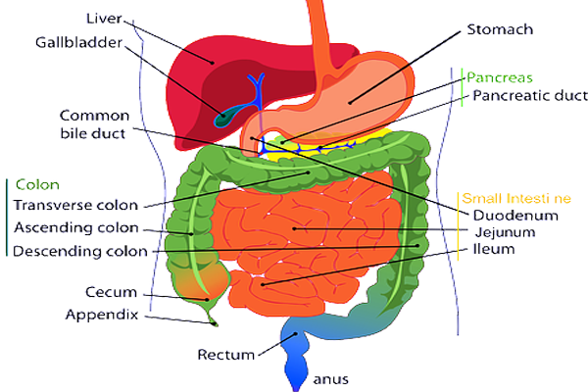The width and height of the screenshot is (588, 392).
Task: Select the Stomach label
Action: (x=500, y=29)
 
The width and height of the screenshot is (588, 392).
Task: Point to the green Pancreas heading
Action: (x=499, y=75)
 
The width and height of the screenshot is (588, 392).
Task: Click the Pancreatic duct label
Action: (x=529, y=96)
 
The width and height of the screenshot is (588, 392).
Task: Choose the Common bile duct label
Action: (x=93, y=122)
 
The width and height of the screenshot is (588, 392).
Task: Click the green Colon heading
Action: (x=37, y=184)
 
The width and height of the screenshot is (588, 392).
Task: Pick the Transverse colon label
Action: (x=73, y=205)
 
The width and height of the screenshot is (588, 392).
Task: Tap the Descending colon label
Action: (x=79, y=251)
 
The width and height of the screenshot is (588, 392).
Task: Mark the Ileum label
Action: (x=494, y=250)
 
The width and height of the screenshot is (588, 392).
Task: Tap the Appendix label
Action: (x=103, y=315)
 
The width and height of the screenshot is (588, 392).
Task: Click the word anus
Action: (x=330, y=378)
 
